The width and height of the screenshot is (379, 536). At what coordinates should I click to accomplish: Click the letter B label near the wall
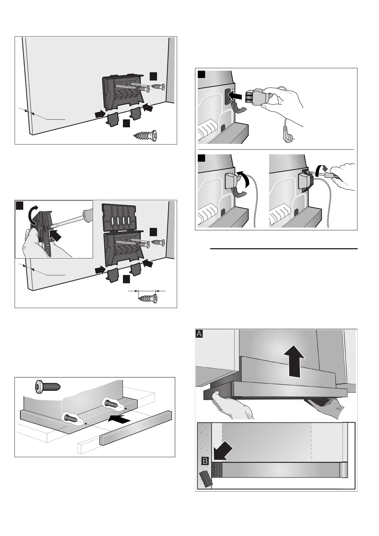point(205,461)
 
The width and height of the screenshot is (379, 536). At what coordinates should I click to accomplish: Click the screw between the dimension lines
point(147,299)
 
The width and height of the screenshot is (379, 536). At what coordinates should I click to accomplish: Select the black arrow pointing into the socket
point(236,95)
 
